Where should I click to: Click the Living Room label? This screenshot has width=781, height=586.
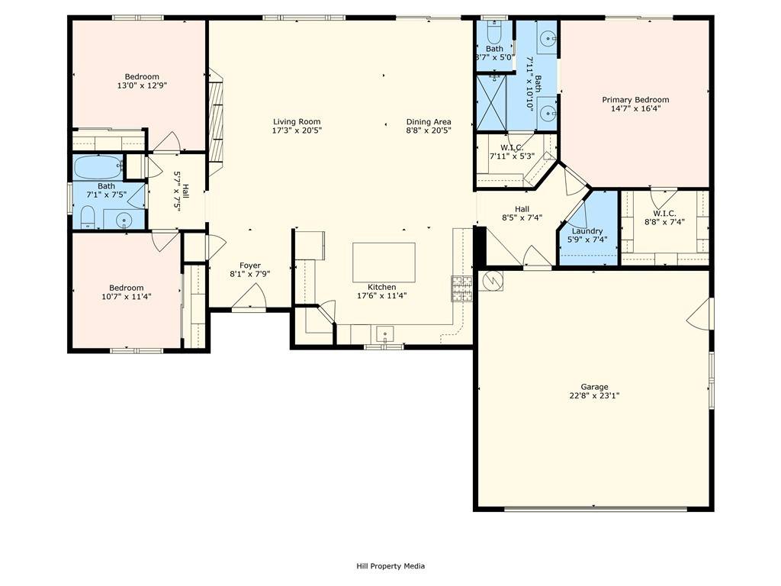297,121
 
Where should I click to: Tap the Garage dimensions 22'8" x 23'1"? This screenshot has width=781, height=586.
594,395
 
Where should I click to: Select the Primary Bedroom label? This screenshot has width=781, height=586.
635,100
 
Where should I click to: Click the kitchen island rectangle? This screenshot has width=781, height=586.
384,262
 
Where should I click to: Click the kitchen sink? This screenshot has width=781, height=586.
386,333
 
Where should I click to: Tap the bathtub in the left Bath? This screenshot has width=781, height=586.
98,166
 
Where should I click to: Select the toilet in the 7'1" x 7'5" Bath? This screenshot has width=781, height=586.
87,217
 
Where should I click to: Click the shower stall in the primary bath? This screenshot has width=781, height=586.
493,102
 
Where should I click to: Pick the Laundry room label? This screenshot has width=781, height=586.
587,231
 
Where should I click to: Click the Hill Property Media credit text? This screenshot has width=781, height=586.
390,566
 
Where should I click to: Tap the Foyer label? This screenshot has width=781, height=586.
250,266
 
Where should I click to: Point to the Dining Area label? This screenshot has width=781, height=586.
428,121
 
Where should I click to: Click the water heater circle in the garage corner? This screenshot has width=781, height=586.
493,281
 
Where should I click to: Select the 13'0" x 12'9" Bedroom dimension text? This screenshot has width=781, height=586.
142,85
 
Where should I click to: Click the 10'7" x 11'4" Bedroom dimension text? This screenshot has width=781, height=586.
126,296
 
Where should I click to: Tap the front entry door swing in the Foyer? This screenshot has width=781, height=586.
255,295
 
